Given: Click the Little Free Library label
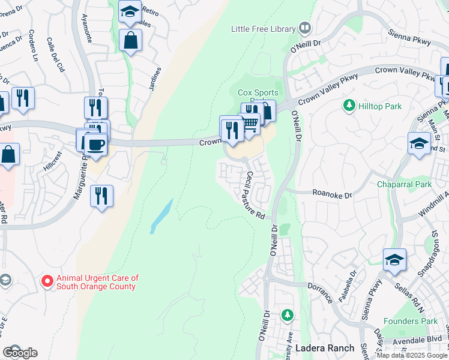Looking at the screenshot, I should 264,29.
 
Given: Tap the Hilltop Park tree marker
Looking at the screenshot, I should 348,105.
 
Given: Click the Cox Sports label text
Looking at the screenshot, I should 258,92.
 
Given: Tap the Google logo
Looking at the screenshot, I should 19,353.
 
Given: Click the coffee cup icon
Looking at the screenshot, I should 95,144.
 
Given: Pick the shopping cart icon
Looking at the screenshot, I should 251,123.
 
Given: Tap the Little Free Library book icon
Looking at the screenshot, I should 305,28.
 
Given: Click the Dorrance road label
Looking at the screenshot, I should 324,293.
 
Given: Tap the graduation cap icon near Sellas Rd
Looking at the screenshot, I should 394,260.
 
